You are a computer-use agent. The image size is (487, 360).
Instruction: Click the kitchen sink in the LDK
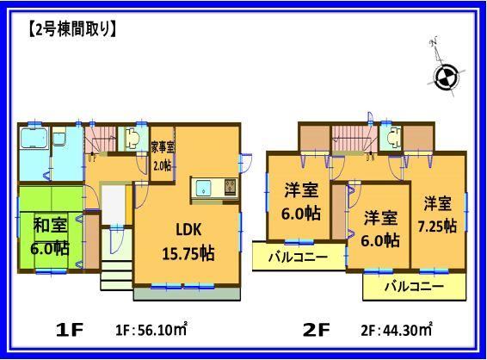[206, 187]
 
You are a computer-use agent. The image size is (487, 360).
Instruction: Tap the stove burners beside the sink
[229, 187]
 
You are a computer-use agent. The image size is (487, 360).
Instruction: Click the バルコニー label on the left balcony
[296, 257]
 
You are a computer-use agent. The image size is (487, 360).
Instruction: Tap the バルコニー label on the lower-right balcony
[414, 285]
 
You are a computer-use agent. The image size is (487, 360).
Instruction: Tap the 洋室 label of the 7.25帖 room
[437, 204]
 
